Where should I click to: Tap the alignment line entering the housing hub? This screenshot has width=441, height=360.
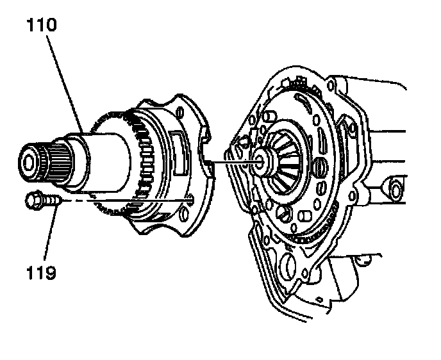pyautogui.click(x=237, y=162)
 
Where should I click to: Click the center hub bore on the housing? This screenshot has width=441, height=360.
pyautogui.click(x=261, y=161)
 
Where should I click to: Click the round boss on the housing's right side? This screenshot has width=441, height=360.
pyautogui.click(x=394, y=190)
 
